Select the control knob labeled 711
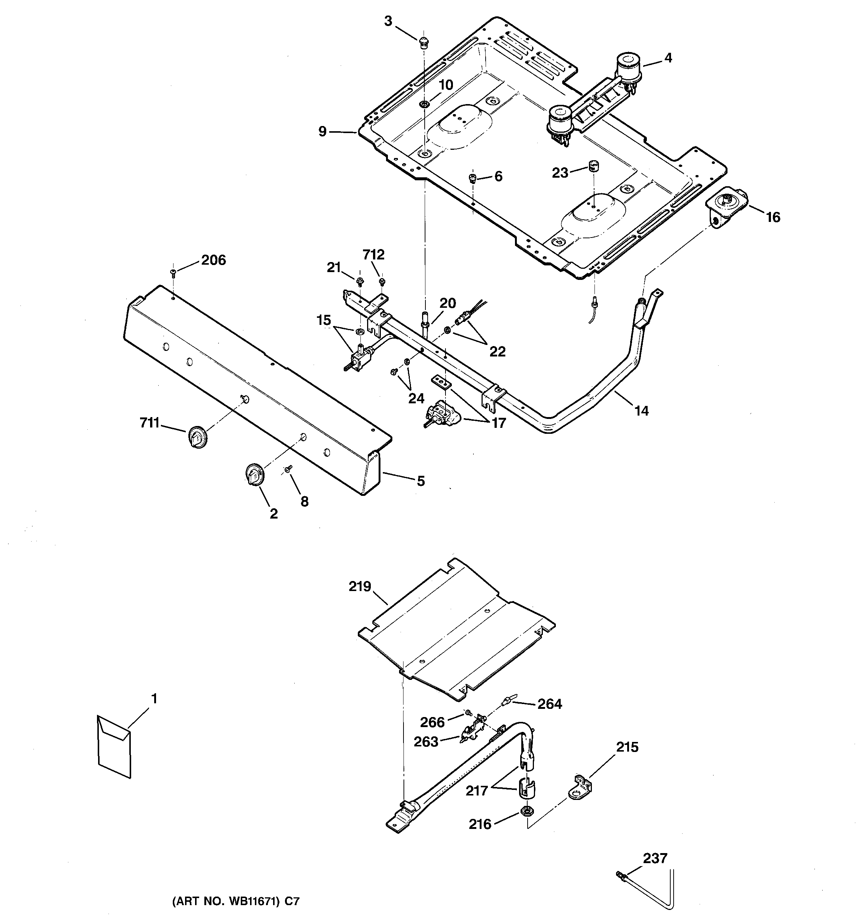coord(197,437)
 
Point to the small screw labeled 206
coord(174,272)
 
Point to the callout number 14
coord(641,410)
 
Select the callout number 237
coord(655,858)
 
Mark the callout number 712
coord(373,255)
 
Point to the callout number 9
coord(323,132)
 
